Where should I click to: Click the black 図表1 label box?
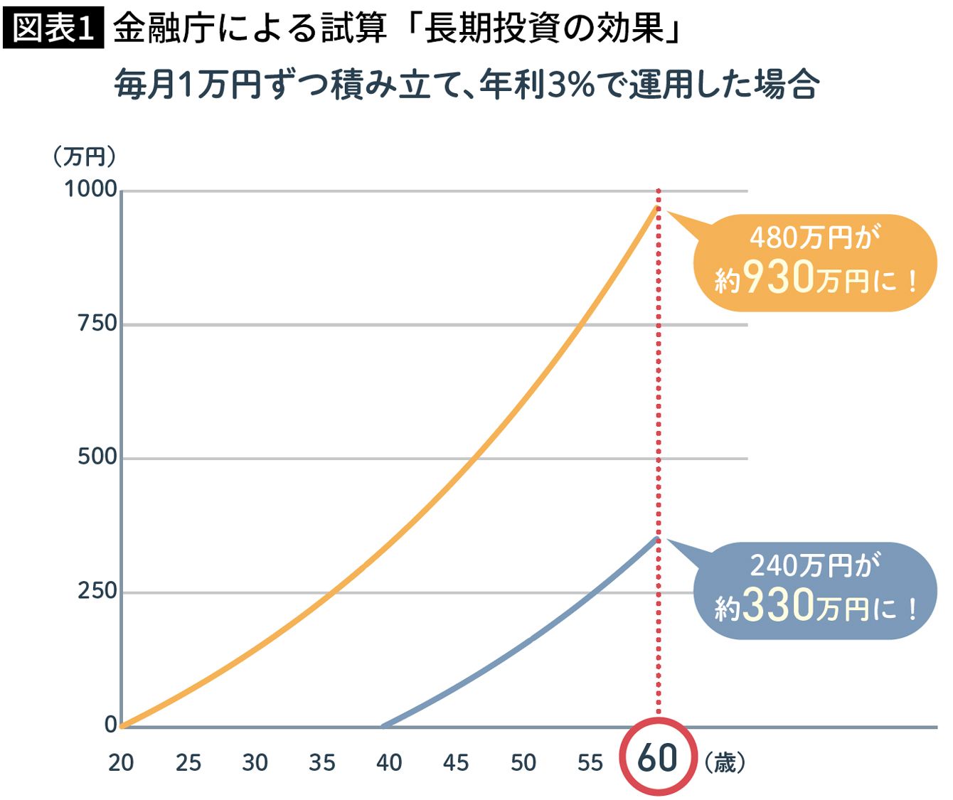click(x=54, y=28)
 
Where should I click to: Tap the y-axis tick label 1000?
click(x=90, y=189)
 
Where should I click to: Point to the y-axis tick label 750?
click(x=97, y=324)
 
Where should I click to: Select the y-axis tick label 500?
click(x=97, y=457)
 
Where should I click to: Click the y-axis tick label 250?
click(x=97, y=590)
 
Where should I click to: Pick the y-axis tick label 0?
click(x=110, y=725)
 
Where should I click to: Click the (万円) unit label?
click(x=84, y=156)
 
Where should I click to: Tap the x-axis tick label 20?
click(x=121, y=763)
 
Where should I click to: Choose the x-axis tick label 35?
click(x=322, y=763)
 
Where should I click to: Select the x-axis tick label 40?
click(x=389, y=763)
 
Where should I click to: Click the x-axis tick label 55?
click(x=590, y=763)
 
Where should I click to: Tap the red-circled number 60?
click(x=657, y=757)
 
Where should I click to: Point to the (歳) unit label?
click(x=725, y=763)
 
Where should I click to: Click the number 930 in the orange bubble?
click(x=777, y=277)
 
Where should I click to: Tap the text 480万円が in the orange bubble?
click(x=814, y=238)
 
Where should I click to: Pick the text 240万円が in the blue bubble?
click(x=814, y=566)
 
